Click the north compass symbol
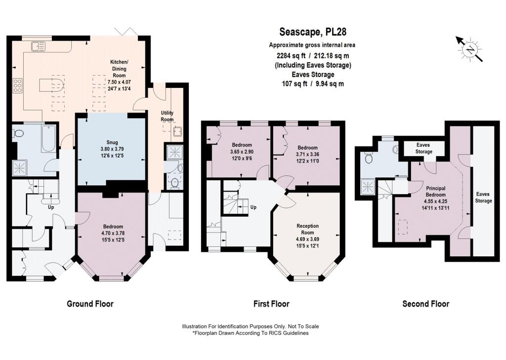469,49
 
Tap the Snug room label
112,142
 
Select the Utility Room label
167,116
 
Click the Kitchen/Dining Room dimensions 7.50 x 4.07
119,82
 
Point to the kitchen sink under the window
39,46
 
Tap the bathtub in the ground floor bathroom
48,139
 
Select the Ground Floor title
90,304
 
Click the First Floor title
271,304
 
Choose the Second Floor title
425,304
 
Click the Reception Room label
307,229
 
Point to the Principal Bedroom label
436,191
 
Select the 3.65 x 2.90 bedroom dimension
242,152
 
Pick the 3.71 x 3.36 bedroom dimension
307,154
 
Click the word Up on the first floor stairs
253,207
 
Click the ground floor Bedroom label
113,227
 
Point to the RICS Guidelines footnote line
251,333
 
